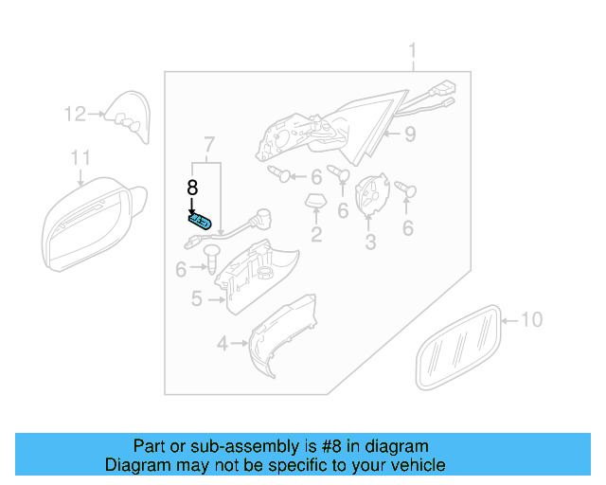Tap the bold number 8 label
(191, 188)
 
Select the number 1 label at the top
(413, 49)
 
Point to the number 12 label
(75, 115)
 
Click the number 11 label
(81, 158)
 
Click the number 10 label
(532, 320)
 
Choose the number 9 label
(409, 135)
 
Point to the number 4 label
(222, 344)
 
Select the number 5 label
(196, 299)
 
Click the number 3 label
(370, 243)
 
